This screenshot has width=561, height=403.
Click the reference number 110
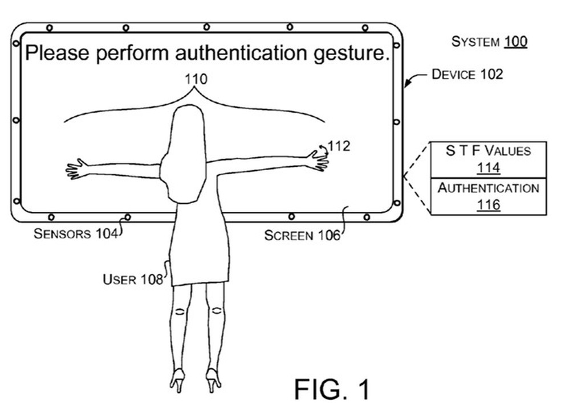196,79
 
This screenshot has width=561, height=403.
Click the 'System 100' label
489,42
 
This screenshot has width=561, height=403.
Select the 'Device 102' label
467,74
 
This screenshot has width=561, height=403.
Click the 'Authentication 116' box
487,195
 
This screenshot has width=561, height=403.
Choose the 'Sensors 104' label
75,233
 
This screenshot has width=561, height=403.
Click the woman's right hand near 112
317,159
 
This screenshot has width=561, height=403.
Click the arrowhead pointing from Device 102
406,85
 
